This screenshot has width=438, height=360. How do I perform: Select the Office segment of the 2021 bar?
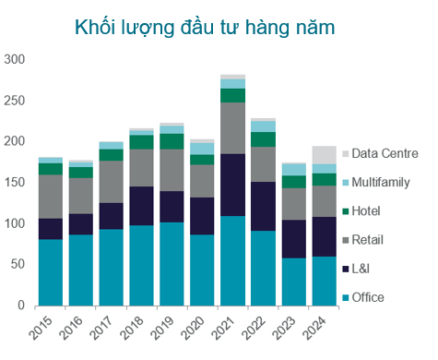232,260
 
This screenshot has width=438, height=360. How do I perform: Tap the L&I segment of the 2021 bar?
232,185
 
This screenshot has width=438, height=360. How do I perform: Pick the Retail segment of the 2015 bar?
51,197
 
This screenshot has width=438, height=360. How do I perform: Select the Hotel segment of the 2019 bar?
172,141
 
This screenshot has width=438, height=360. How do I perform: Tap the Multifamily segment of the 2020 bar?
202,149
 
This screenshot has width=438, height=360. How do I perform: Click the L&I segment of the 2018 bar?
141,206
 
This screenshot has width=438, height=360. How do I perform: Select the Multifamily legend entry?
379,183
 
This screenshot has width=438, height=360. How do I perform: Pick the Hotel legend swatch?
346,211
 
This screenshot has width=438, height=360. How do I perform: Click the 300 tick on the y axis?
17,60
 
